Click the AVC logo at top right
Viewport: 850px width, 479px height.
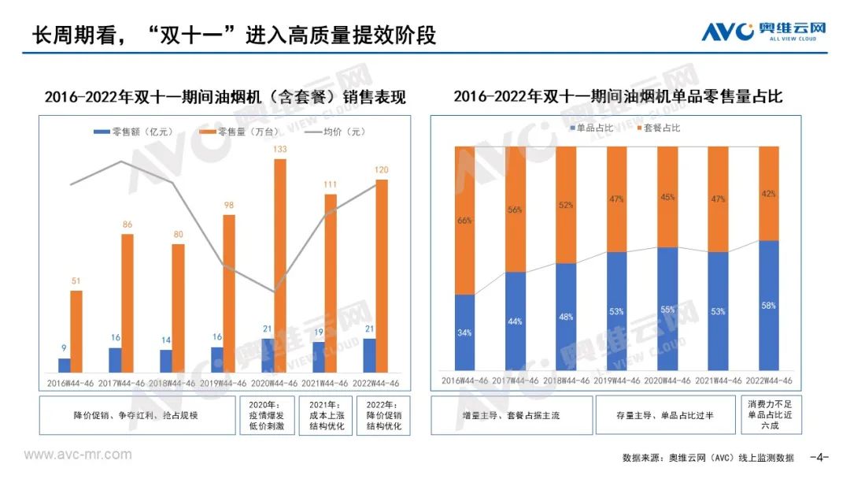pos(764,32)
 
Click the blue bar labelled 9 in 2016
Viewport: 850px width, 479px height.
pos(65,365)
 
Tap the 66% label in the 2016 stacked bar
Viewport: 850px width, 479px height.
pos(464,221)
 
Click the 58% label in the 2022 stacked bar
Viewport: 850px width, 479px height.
pos(768,305)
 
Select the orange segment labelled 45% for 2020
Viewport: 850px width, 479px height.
pos(667,197)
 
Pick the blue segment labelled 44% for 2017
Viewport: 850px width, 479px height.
pos(515,321)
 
